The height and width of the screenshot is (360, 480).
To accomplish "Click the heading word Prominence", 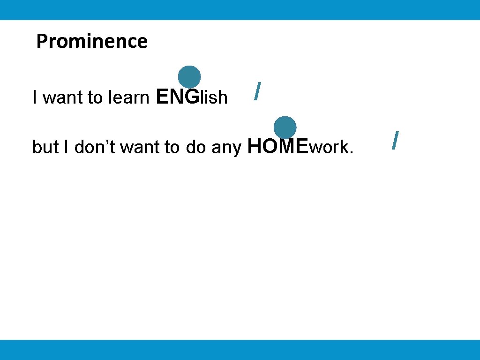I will pyautogui.click(x=92, y=41).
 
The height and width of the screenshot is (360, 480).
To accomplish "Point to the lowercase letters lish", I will pyautogui.click(x=214, y=97).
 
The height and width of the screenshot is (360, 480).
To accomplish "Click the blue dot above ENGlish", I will pyautogui.click(x=189, y=77).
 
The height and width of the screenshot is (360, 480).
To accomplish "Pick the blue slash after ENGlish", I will pyautogui.click(x=256, y=91).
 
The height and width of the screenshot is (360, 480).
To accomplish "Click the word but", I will pyautogui.click(x=44, y=148).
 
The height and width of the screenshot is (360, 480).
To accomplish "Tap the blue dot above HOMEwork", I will pyautogui.click(x=285, y=127).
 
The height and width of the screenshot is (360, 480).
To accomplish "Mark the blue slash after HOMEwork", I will pyautogui.click(x=396, y=141).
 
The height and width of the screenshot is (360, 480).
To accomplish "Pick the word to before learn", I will pyautogui.click(x=95, y=98).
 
